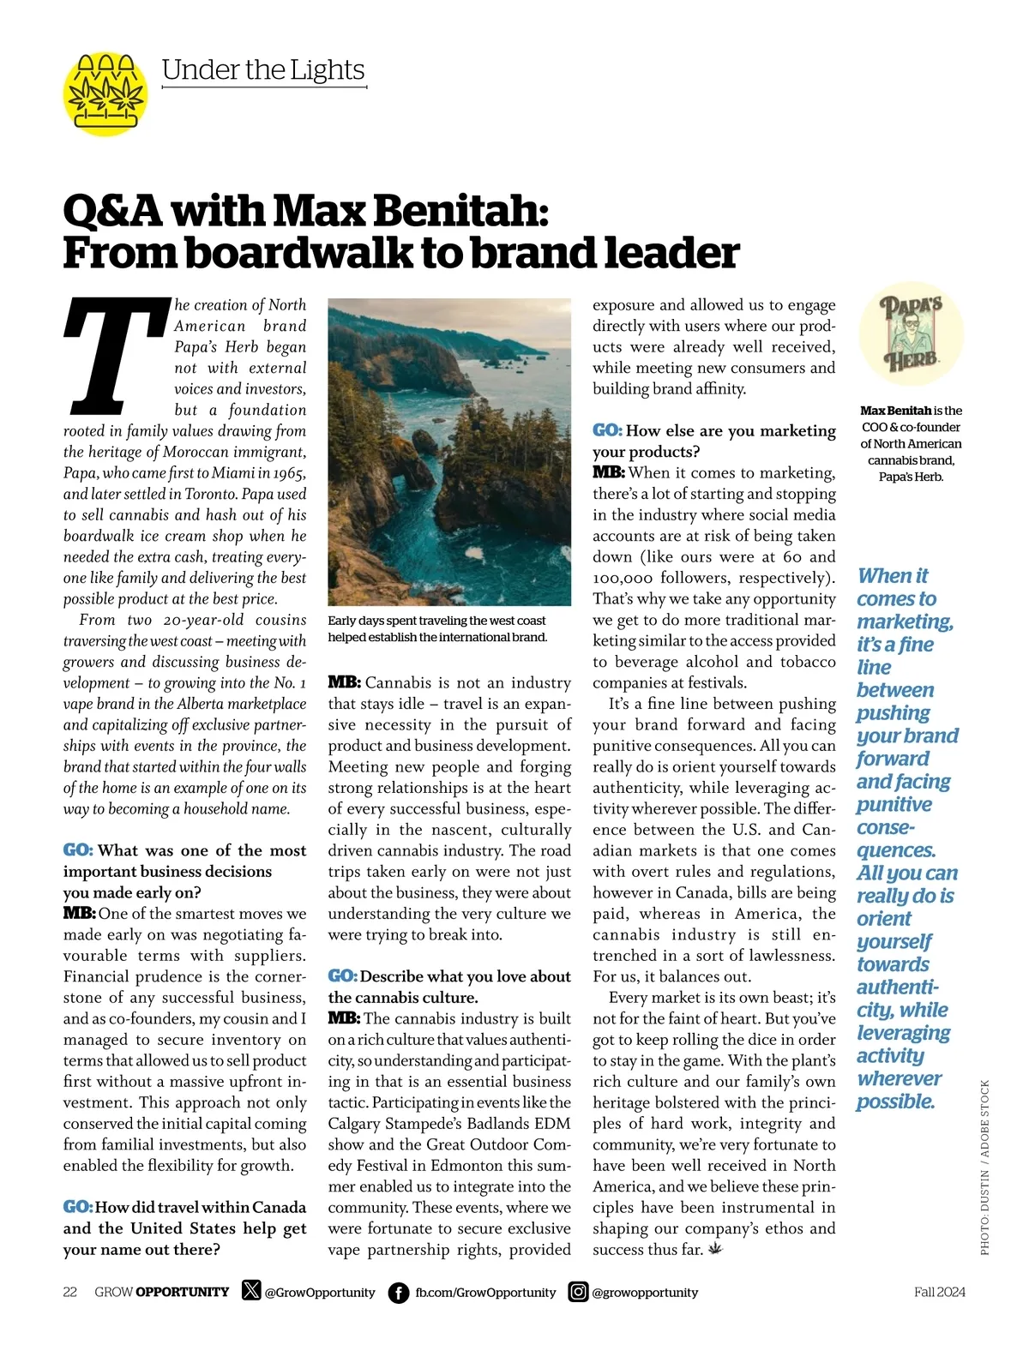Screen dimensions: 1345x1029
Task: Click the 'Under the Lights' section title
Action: coord(263,69)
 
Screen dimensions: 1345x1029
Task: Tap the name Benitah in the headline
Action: coord(470,210)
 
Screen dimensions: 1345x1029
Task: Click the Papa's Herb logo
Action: coord(911,333)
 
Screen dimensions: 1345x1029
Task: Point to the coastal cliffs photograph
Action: coord(449,452)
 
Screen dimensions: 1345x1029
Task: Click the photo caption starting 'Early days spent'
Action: coord(437,628)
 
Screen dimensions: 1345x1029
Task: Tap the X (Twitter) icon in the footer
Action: coord(251,1290)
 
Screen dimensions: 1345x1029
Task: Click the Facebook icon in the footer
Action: coord(399,1292)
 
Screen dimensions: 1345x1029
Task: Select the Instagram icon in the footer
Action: coord(579,1291)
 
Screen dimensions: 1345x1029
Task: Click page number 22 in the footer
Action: coord(70,1292)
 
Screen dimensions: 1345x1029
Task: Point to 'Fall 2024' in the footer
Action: coord(939,1292)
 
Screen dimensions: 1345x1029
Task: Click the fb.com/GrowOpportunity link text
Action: coord(485,1292)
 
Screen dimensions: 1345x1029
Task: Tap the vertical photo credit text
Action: coord(984,1168)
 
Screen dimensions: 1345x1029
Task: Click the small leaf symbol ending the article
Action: coord(715,1249)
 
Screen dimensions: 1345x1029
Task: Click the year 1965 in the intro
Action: coord(290,473)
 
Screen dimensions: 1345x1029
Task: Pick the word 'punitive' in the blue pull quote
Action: coord(894,804)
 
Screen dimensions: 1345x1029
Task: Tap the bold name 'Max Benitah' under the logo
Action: coord(895,411)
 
